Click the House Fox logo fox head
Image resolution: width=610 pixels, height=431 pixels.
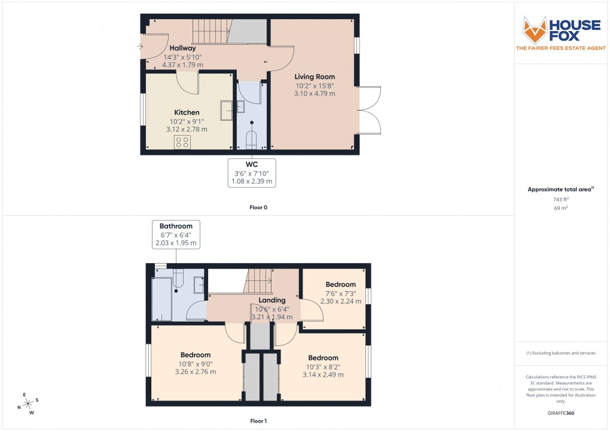point(535,29)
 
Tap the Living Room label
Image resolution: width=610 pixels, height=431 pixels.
point(314,77)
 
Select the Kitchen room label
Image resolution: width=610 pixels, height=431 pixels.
point(187,112)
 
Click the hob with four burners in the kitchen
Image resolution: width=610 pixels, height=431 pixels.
point(182,142)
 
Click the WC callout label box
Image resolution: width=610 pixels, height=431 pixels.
point(252,173)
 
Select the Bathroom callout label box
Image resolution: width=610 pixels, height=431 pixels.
point(176,234)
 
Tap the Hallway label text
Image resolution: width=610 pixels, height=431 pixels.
point(182,48)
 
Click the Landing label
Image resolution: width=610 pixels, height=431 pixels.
point(272,300)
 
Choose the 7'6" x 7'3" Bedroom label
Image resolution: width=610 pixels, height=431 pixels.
point(340,285)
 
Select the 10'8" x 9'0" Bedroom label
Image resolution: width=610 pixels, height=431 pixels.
point(195,355)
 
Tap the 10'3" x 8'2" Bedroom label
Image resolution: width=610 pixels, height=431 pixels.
point(323,358)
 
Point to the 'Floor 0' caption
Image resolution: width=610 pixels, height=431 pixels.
point(259,207)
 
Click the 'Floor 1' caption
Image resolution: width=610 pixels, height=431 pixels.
point(259,421)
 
